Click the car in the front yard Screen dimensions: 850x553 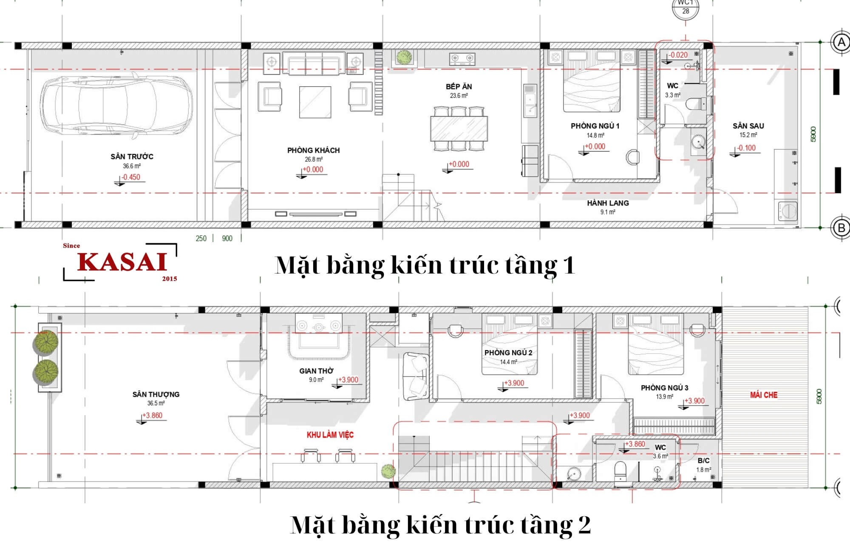[116, 105]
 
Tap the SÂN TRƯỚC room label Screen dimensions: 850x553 [132, 157]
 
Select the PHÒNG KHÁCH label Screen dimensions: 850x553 [313, 150]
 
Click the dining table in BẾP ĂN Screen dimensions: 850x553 [459, 128]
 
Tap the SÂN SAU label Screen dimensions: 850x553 [748, 126]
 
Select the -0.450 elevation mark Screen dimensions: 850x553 [131, 177]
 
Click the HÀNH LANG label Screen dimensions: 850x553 [608, 203]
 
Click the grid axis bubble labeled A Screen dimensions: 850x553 [841, 43]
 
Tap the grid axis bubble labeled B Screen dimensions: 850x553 [841, 228]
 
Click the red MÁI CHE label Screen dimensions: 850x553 [764, 395]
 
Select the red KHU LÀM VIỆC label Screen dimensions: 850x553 [330, 434]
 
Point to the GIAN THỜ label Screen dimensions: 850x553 [316, 371]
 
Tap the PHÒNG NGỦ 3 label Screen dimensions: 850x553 [664, 388]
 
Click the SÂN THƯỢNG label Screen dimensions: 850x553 [156, 394]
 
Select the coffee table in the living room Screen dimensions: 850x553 [315, 102]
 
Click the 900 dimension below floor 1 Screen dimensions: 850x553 [227, 239]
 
